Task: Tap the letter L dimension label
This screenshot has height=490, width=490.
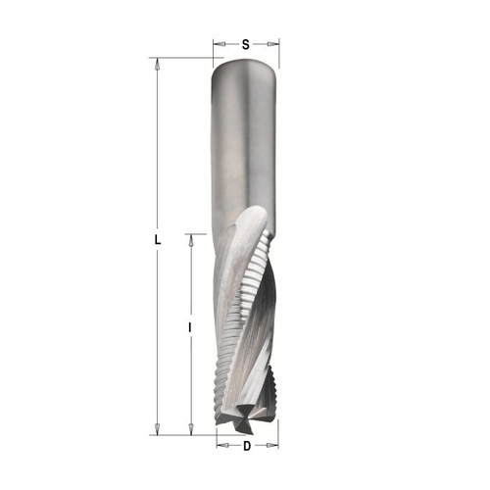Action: click(157, 239)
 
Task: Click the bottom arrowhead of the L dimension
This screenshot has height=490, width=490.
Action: click(157, 428)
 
